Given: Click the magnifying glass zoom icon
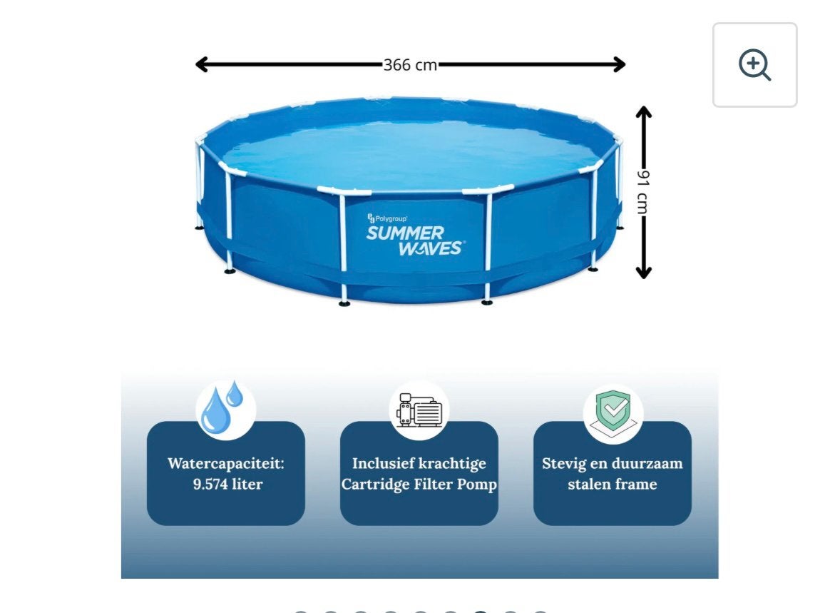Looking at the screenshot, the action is pos(754,64).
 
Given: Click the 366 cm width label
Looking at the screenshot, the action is pos(410,65).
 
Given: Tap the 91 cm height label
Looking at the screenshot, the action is pos(643,192).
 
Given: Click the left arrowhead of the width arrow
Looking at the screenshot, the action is pos(201,64).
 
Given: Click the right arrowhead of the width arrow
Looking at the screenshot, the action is pos(620,64).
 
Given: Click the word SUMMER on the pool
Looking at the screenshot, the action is pos(405,233).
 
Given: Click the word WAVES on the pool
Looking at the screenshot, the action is pos(431,248).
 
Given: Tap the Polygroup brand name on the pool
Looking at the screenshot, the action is pos(391,219).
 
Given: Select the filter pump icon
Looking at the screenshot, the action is pos(419,410).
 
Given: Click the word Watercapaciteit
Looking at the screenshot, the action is pos(225,463).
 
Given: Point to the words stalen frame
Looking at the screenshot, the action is pos(613,485).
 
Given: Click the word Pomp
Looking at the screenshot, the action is pos(477,485).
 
